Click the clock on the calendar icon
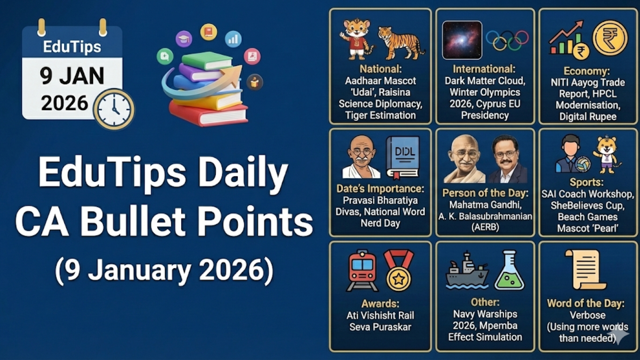tap(114, 109)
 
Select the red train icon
tap(362, 270)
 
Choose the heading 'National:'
tap(380, 69)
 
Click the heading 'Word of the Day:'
tap(586, 303)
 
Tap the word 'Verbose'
tap(587, 315)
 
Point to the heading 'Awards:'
tap(380, 304)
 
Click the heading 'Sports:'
tap(586, 182)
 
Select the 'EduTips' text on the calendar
tap(72, 47)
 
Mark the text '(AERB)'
tap(485, 227)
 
